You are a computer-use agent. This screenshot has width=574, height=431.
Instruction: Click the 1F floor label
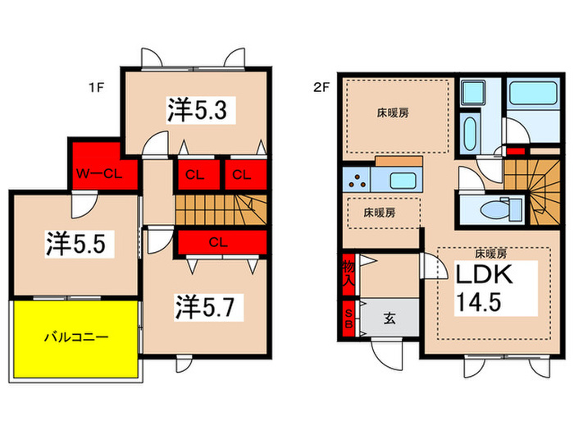click(96, 88)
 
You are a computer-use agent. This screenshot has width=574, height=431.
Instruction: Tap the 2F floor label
click(321, 88)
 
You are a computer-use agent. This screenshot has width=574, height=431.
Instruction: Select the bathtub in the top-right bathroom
click(533, 94)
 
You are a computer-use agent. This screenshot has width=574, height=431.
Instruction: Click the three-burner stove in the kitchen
click(357, 180)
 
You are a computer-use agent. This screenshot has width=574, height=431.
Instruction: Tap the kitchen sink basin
click(403, 181)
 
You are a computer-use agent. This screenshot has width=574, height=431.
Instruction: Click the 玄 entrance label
click(389, 319)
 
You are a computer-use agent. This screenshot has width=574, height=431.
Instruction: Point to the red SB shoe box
click(348, 319)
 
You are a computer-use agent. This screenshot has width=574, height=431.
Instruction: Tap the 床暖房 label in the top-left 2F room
click(393, 113)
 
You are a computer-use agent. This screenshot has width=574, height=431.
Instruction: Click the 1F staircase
click(221, 209)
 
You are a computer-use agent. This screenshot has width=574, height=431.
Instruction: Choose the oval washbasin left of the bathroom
click(469, 133)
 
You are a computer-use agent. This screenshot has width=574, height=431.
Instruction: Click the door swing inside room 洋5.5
click(84, 204)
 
